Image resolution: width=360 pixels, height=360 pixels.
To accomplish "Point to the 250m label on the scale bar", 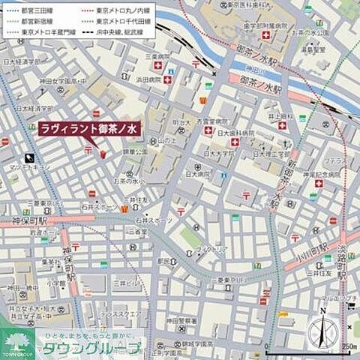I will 347,346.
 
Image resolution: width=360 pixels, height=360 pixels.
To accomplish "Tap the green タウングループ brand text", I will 90,348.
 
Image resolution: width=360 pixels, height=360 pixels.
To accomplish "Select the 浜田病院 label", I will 148,78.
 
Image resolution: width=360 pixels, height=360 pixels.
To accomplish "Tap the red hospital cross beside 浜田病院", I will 168,79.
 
